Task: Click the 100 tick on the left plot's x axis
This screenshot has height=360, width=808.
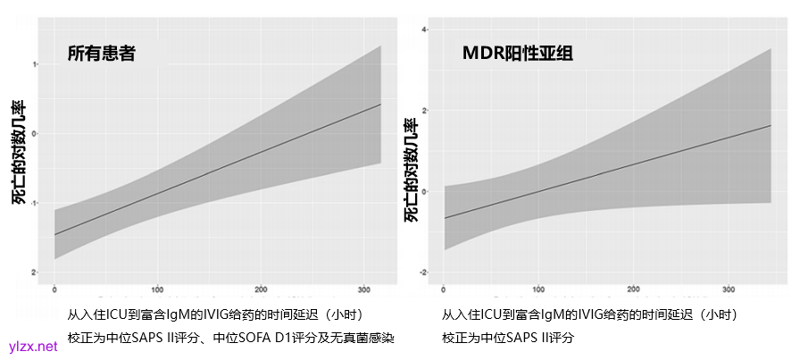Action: coord(158,289)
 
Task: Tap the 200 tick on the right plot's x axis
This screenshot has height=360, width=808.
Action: coord(633,289)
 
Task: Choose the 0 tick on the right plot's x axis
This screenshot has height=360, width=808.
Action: coord(444,289)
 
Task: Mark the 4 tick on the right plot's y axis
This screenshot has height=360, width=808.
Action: coord(425,30)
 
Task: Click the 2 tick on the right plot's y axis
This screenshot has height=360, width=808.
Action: coord(425,111)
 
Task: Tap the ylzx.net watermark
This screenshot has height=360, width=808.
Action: coord(32,347)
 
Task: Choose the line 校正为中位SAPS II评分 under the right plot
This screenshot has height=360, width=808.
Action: coord(507,338)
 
